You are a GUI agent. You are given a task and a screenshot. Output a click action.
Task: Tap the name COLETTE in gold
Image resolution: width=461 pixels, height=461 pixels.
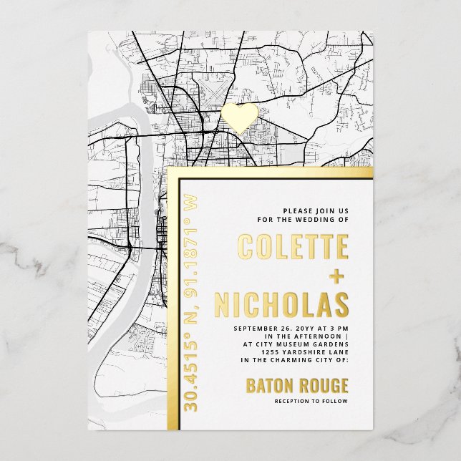tap(293, 247)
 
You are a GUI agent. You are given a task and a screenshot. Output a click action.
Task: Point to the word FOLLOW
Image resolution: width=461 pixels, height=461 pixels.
tap(335, 401)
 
